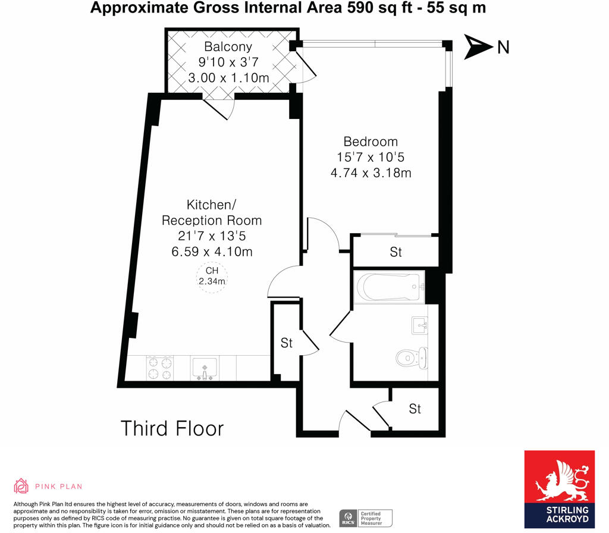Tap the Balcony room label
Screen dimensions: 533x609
point(228,46)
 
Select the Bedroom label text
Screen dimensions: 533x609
point(371,142)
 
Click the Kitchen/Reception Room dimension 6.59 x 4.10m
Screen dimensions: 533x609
point(212,252)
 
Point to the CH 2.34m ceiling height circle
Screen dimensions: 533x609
point(212,277)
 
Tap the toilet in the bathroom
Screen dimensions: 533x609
point(411,358)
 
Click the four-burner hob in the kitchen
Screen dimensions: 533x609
point(159,368)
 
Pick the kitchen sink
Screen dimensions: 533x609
point(206,368)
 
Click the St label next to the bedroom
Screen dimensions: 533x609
point(395,252)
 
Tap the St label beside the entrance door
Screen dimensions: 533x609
point(415,409)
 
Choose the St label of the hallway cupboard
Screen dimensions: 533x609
point(287,343)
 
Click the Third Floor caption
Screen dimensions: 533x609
point(172,428)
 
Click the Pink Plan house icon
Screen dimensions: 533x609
point(21,486)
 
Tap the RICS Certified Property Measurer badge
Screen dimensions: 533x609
point(365,517)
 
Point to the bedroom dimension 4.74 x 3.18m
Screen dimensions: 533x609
point(371,173)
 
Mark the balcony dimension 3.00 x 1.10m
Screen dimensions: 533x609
point(228,78)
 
